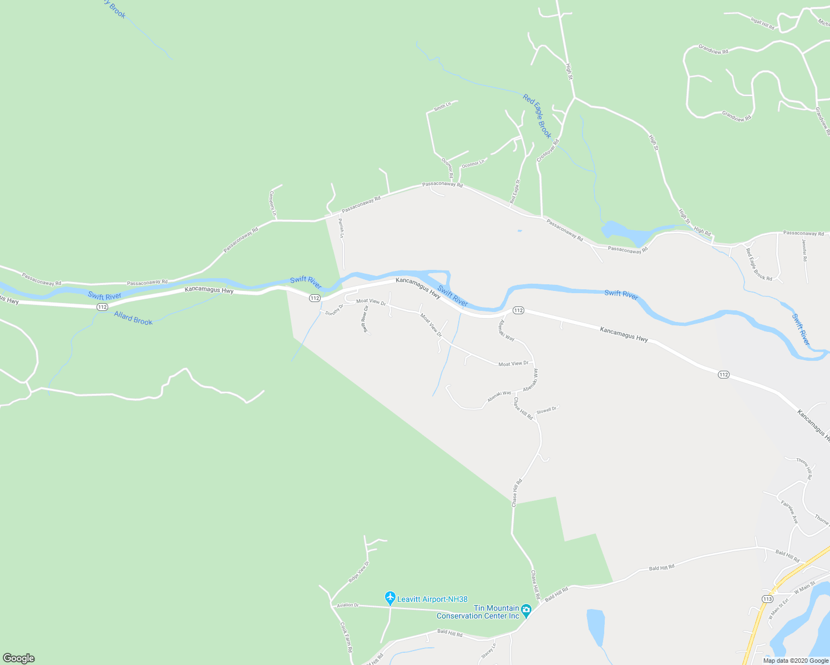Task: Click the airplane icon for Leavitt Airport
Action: click(390, 598)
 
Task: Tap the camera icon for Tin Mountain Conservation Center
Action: click(526, 611)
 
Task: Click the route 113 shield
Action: click(767, 599)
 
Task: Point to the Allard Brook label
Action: click(133, 318)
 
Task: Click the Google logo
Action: click(18, 658)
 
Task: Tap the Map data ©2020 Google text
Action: click(796, 661)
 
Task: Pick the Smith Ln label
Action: click(442, 106)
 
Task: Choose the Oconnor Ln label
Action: click(473, 163)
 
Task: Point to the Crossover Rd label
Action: click(548, 150)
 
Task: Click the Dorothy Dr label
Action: click(335, 310)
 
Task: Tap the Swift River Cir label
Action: click(365, 320)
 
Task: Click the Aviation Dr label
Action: click(348, 605)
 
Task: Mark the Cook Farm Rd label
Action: click(346, 637)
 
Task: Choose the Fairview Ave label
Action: click(789, 512)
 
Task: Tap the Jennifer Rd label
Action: click(804, 250)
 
